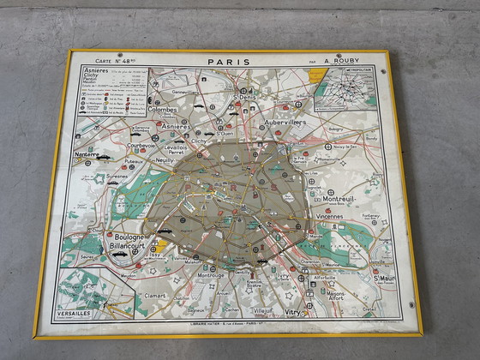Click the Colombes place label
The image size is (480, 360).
tap(163, 110)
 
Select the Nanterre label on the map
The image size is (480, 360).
tap(87, 154)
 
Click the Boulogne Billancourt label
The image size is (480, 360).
tap(127, 244)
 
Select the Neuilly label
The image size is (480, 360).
tap(165, 160)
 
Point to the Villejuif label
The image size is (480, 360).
tap(262, 310)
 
